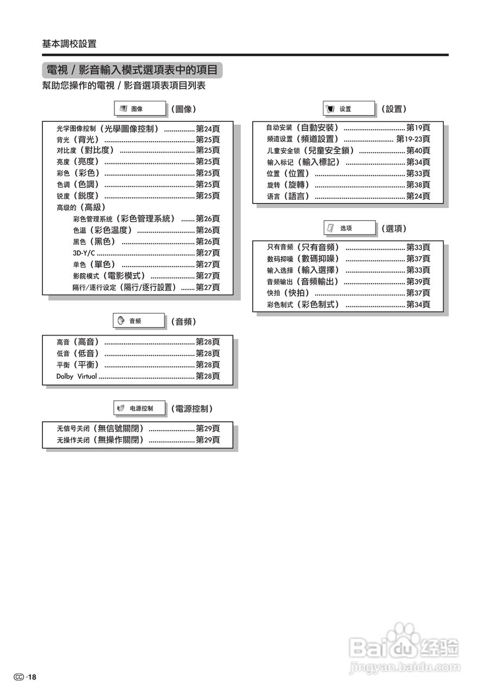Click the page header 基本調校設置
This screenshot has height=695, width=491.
click(x=69, y=44)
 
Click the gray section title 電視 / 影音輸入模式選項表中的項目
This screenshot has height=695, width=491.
click(x=132, y=70)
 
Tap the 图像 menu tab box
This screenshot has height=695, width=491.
click(x=139, y=109)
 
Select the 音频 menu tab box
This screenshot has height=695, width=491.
click(x=138, y=321)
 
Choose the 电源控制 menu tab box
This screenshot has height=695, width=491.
click(x=139, y=408)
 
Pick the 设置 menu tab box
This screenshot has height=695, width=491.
click(x=348, y=109)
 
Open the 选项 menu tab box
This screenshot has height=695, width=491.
click(x=349, y=228)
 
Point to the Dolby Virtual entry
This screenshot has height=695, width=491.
click(x=76, y=376)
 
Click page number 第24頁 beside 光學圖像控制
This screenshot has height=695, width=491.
click(x=208, y=129)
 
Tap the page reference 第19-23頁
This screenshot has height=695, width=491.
click(x=413, y=139)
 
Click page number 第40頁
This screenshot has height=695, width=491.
click(x=418, y=150)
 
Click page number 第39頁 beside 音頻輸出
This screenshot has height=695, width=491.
click(x=418, y=282)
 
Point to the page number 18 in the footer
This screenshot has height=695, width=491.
click(x=32, y=677)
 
